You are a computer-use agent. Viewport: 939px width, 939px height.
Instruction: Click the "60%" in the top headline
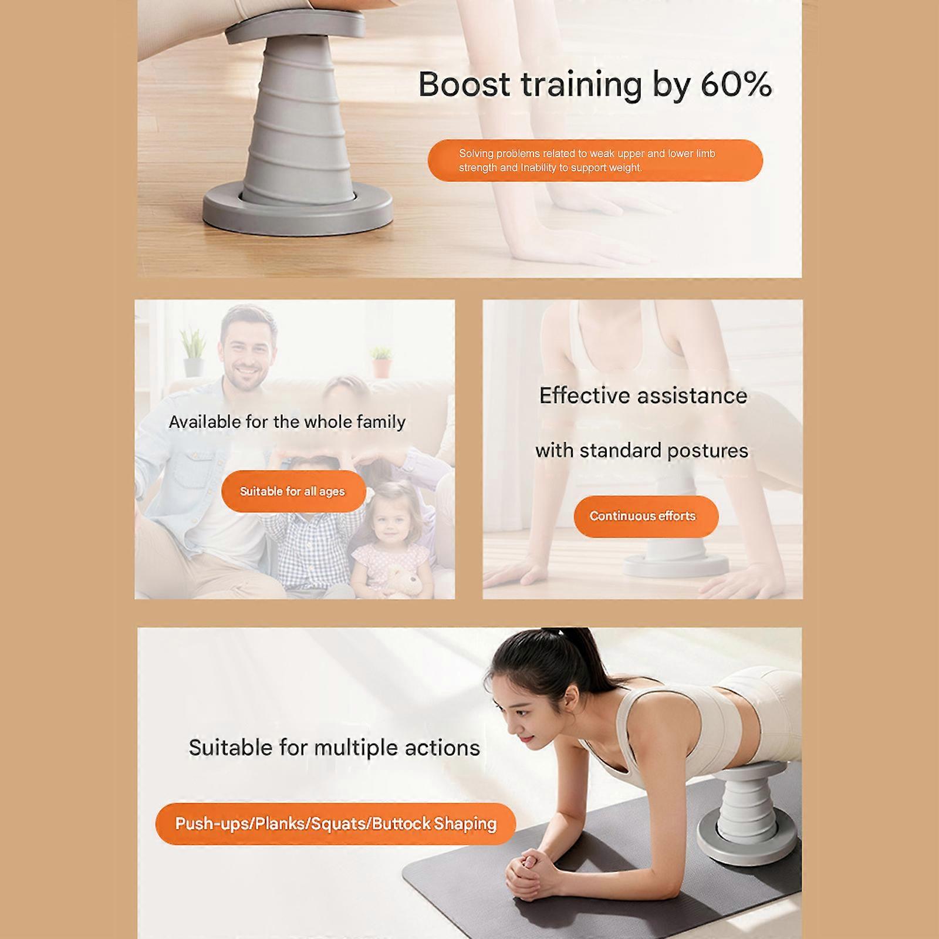[736, 85]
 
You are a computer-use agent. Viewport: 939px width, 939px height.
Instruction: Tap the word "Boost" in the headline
[464, 85]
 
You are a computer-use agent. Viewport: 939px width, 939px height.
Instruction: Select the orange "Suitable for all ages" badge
[293, 491]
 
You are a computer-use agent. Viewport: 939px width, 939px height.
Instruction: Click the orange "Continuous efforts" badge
[646, 516]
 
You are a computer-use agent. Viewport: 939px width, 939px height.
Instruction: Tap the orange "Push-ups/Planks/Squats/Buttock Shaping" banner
[336, 824]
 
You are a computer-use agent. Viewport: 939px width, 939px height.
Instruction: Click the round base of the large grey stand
[298, 208]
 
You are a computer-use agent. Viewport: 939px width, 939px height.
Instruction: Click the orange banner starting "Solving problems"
[595, 160]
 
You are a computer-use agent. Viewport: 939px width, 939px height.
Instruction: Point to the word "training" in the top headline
[582, 85]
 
